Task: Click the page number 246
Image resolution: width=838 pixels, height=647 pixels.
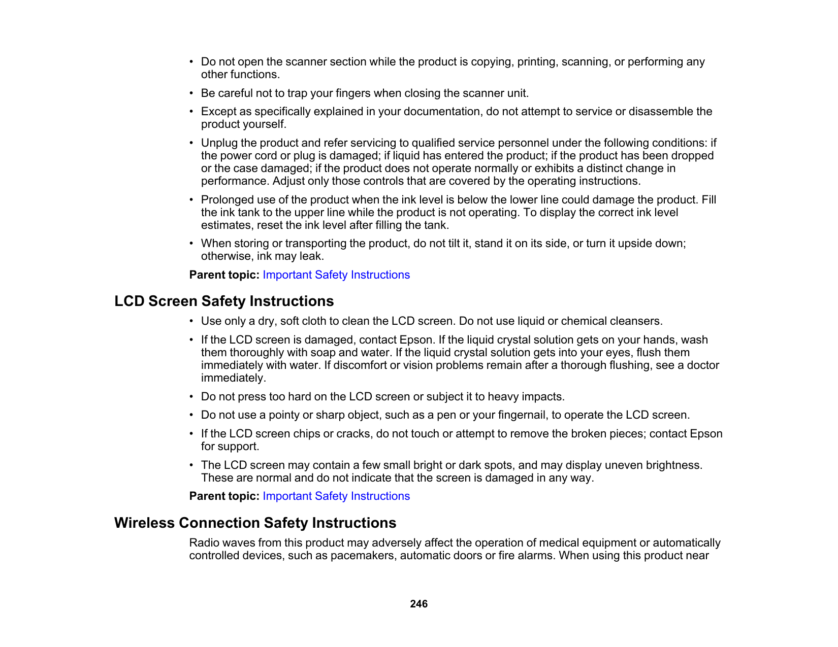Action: click(418, 604)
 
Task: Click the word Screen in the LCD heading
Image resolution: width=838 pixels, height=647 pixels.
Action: click(173, 301)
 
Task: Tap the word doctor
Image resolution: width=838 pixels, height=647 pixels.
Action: click(703, 365)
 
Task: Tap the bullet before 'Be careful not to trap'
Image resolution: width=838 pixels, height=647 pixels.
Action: click(191, 93)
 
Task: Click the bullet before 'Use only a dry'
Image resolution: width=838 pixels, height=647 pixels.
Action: click(191, 321)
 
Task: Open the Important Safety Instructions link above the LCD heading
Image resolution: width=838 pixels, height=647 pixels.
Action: click(336, 275)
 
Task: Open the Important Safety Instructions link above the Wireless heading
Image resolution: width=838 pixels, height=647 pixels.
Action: click(336, 496)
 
